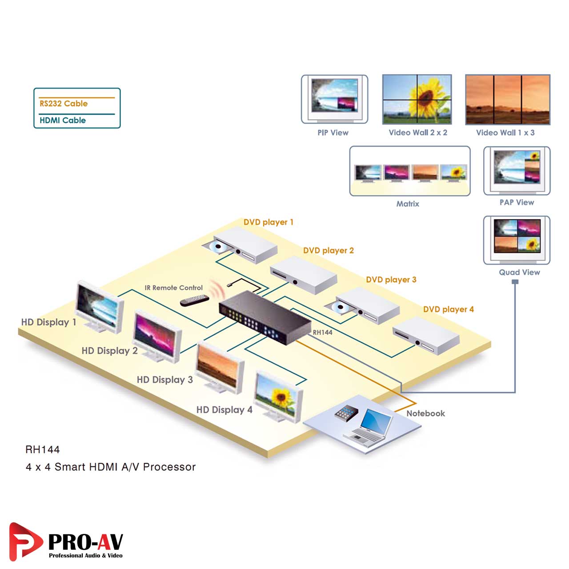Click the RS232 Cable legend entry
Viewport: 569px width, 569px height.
64,104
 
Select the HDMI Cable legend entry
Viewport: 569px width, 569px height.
63,120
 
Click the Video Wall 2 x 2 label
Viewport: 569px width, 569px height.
418,132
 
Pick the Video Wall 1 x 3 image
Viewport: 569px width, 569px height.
507,100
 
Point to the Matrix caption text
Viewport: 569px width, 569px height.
408,204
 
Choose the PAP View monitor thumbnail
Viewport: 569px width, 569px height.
517,168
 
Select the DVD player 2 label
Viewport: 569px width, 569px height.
329,251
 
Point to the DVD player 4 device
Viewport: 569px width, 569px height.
426,335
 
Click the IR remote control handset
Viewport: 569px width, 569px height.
194,301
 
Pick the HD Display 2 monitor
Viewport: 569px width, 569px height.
156,336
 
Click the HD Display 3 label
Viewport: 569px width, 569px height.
164,380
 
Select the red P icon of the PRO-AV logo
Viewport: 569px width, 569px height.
24,541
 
